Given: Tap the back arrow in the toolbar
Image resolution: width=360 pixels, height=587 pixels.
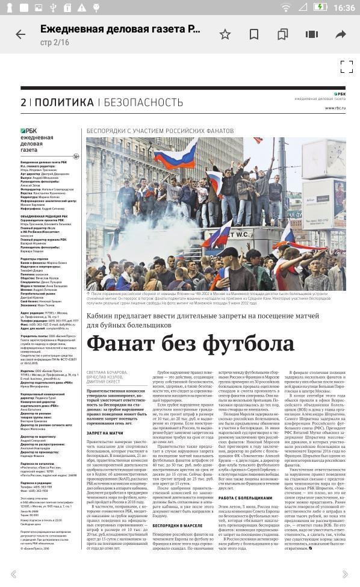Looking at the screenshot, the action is pos(20,34).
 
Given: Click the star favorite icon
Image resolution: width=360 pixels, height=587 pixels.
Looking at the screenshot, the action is pos(225,34).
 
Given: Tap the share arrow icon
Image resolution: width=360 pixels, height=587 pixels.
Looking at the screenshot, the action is pos(341,34).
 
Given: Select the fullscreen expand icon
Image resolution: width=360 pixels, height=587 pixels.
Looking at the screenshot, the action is pos(346,67).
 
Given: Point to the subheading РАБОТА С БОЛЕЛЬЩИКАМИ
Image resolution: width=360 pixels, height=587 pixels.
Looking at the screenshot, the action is pos(245,498).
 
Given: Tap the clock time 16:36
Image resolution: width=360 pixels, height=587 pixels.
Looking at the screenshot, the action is pos(343,8).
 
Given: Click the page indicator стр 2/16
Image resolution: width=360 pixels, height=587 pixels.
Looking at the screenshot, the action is pos(55,42).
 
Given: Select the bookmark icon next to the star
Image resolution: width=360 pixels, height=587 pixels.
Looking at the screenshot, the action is pos(253,34).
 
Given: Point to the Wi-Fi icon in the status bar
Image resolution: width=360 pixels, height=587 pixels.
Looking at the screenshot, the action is pos(286,8).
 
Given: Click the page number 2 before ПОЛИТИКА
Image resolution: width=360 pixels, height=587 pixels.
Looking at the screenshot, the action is pos(23,102).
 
